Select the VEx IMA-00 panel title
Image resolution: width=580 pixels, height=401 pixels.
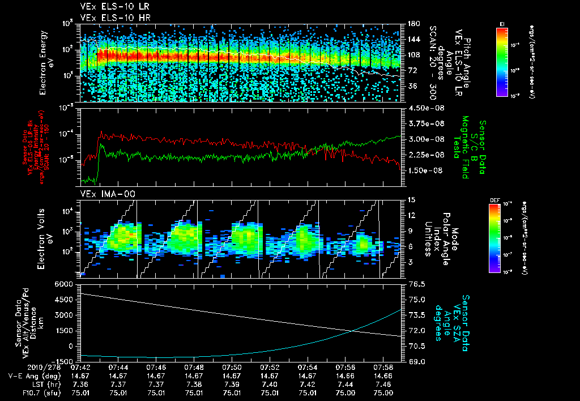coord(101,194)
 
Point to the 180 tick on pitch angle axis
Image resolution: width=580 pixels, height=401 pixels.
coord(412,24)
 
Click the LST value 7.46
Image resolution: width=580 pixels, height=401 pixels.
coord(383,384)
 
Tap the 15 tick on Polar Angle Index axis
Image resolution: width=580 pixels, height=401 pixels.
coord(410,200)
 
